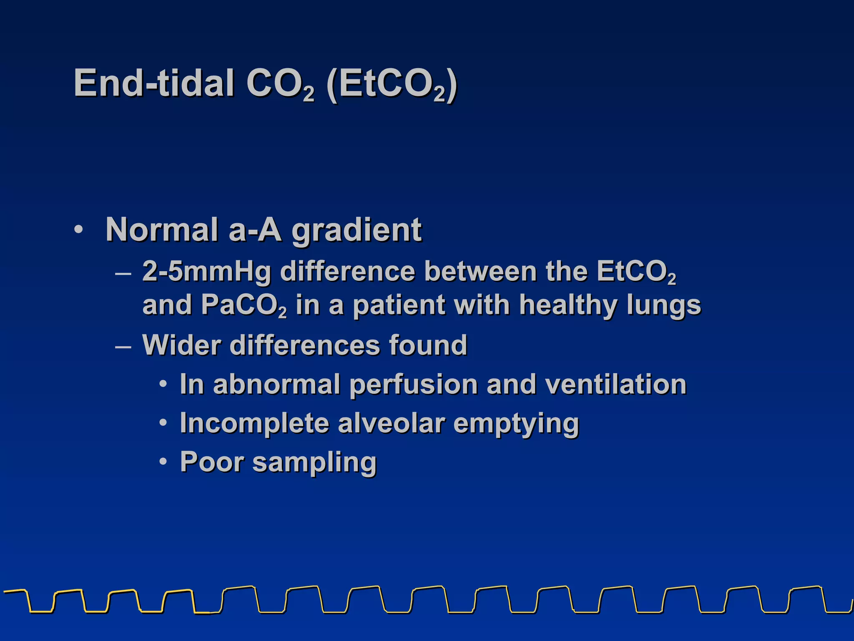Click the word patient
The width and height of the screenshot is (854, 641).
(399, 305)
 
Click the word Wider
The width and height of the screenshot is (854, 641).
(181, 345)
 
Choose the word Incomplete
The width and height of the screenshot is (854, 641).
(254, 424)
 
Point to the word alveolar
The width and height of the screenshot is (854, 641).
(391, 423)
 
